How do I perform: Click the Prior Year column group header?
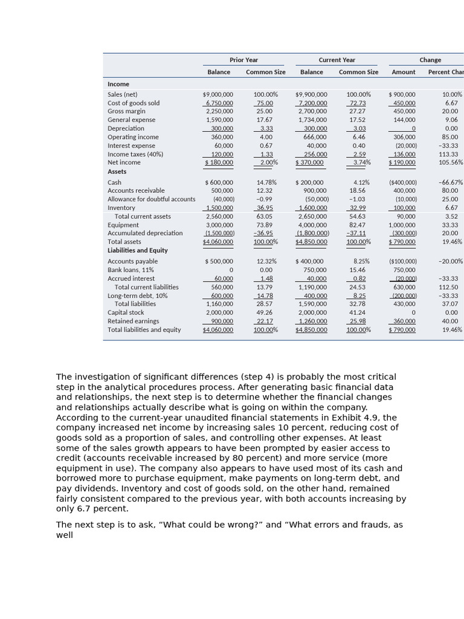243,60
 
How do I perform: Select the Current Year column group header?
337,60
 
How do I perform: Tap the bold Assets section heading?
117,172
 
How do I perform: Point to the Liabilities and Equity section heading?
138,250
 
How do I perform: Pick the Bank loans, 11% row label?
130,270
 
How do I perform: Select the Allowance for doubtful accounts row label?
151,199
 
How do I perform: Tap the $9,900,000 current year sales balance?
311,94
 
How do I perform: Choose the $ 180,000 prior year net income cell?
219,163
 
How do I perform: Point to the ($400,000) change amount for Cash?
403,183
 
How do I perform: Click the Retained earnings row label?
133,321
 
